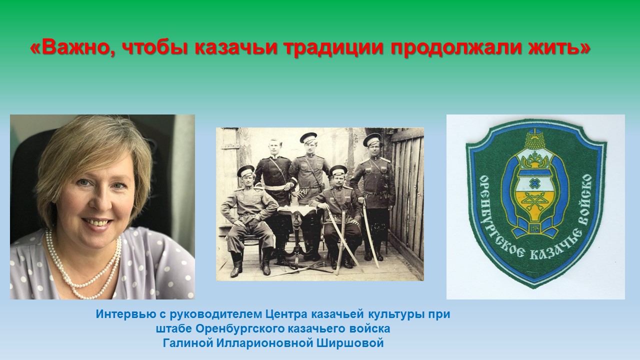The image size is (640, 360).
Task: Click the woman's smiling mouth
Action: click(x=97, y=222)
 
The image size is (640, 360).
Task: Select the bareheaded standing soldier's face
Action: click(x=274, y=147)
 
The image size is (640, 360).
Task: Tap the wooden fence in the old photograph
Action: click(x=406, y=194)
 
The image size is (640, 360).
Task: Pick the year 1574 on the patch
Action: click(x=533, y=229)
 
